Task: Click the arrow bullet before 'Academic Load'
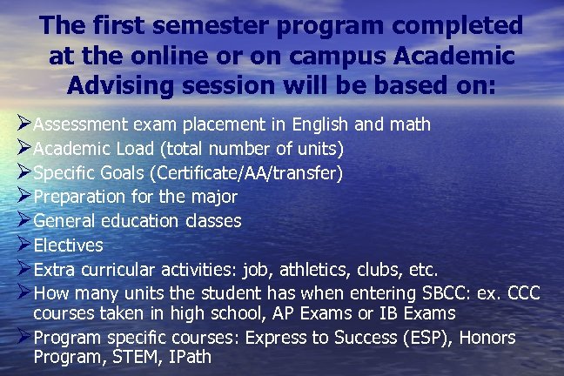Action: coord(23,148)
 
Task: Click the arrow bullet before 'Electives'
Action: coord(23,245)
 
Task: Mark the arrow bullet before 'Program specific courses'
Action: coord(23,338)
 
